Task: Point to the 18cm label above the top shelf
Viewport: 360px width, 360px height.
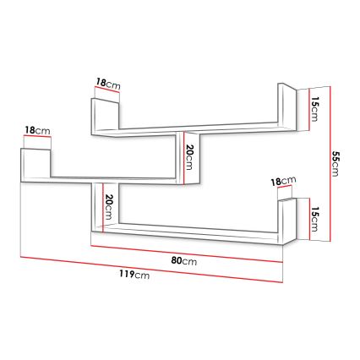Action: click(107, 83)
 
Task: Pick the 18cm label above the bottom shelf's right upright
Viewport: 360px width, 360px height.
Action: click(282, 181)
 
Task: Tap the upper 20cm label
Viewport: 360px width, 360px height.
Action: click(191, 155)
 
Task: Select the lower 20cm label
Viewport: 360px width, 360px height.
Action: click(109, 205)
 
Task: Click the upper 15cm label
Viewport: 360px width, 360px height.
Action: click(314, 108)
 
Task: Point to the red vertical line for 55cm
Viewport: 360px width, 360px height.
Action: click(326, 161)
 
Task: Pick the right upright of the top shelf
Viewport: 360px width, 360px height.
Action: click(285, 105)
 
